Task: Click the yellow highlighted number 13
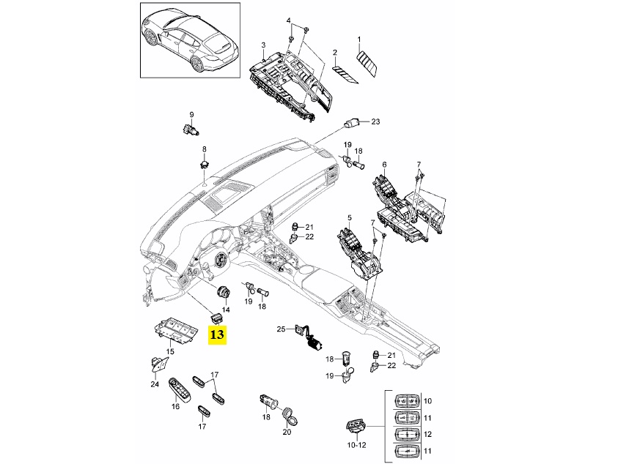pos(218,335)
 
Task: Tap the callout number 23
pos(376,121)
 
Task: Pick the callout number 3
pos(263,45)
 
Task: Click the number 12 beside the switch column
pos(428,433)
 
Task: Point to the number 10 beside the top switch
pos(428,400)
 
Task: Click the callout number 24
pos(155,384)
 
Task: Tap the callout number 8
pos(204,149)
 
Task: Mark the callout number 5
pos(350,217)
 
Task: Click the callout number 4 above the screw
pos(288,20)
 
